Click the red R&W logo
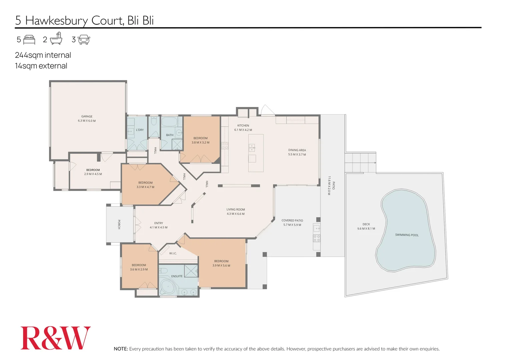55,338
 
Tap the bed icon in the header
29,40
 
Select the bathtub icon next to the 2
56,38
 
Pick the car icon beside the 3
84,40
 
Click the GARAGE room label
87,116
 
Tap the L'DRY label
140,130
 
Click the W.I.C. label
173,253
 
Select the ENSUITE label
177,276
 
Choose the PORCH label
119,224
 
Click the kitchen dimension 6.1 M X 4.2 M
243,130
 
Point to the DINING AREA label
297,150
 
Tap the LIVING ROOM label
235,210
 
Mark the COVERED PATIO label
292,221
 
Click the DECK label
366,224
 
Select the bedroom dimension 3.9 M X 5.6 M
221,266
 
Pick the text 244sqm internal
43,55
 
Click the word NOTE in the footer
121,349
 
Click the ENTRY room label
158,223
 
